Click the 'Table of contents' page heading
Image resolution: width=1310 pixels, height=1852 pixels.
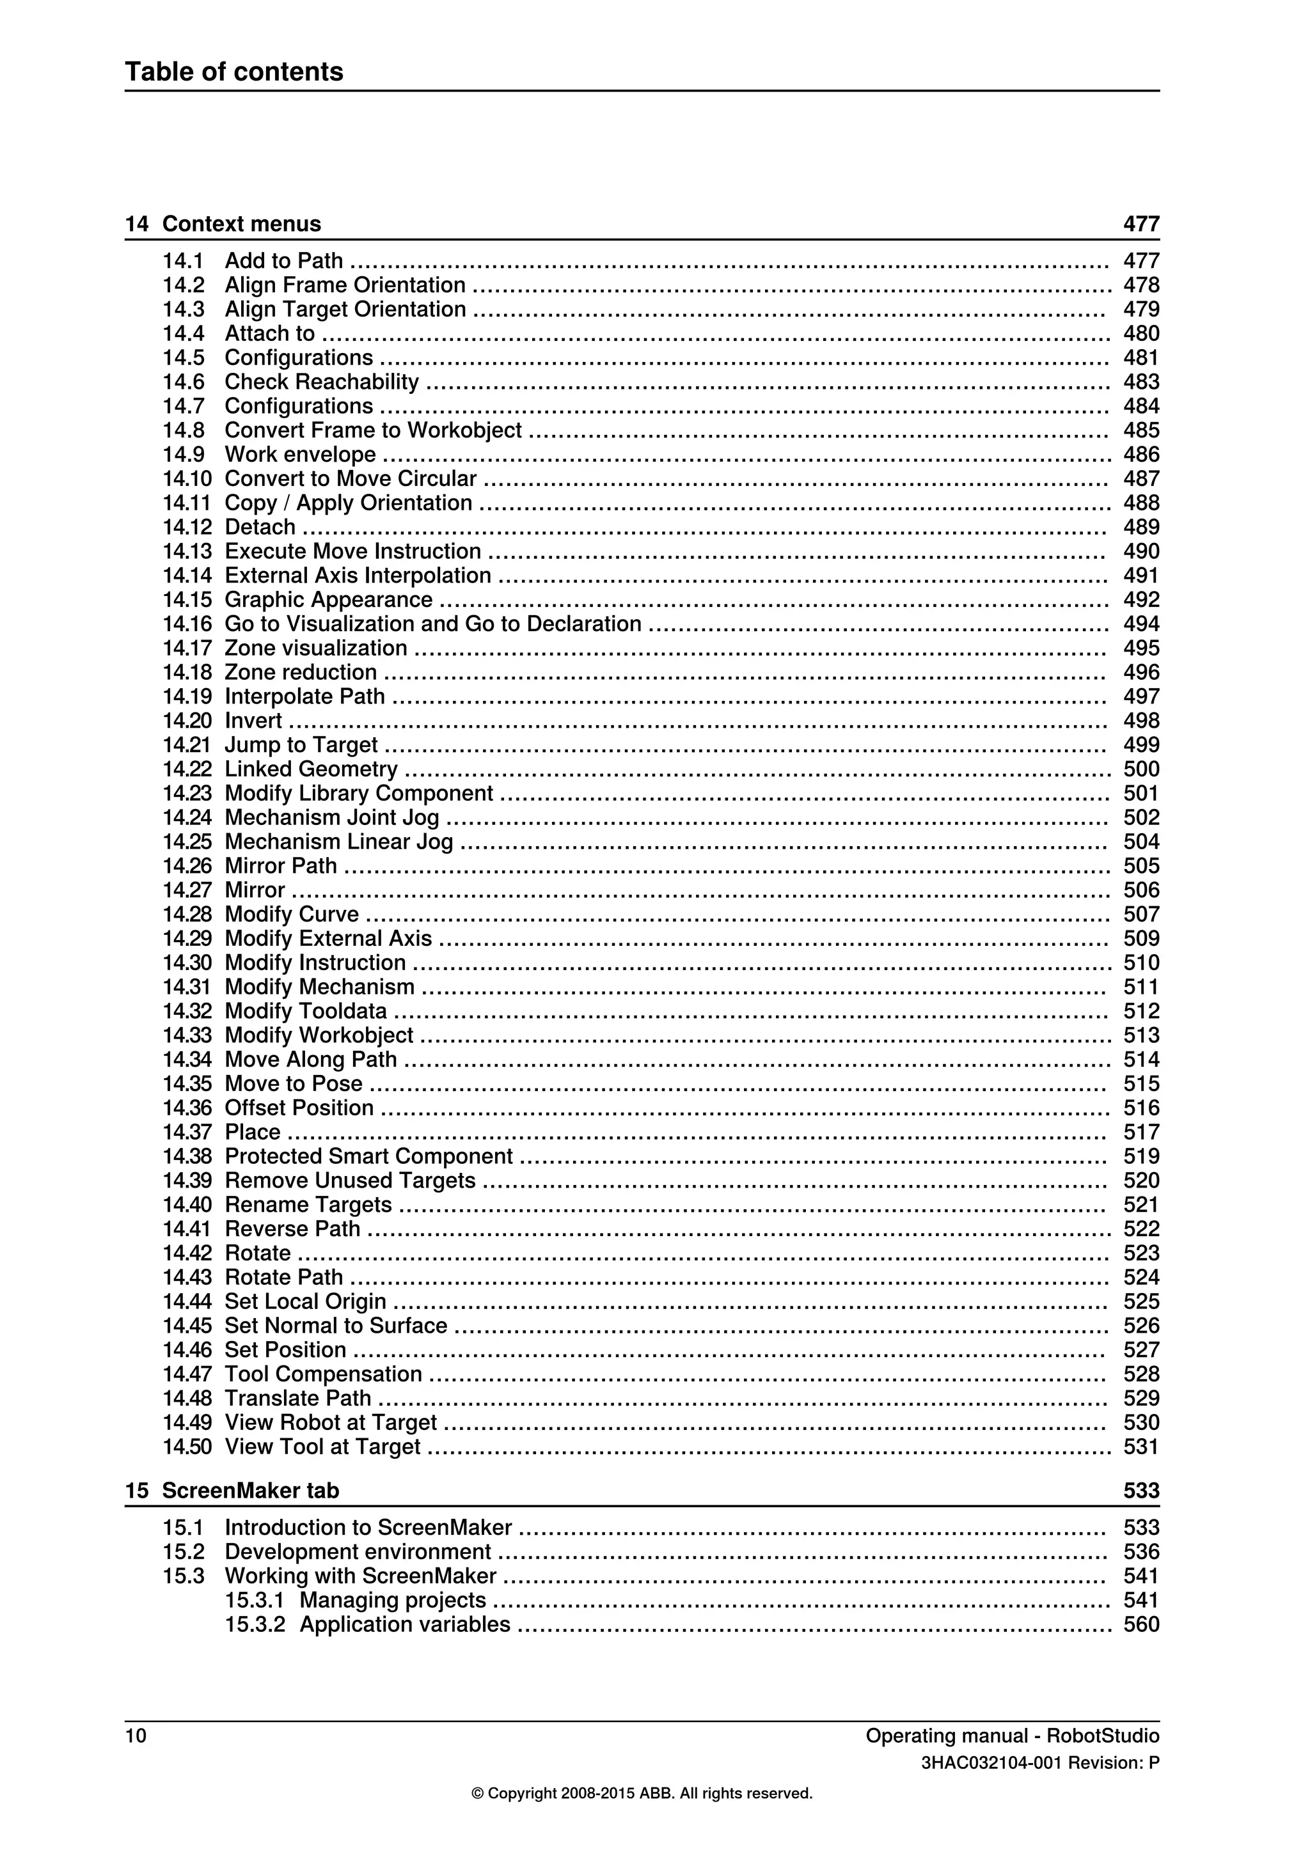click(234, 72)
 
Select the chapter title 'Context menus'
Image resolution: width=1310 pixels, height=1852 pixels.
click(241, 224)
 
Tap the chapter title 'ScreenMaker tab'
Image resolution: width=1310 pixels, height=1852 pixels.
click(250, 1491)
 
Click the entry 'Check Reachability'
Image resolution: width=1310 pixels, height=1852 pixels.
click(321, 382)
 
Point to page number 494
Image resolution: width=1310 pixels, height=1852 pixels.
click(1140, 624)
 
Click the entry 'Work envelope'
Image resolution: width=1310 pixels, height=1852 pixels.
click(300, 454)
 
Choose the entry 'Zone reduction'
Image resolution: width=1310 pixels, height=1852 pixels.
click(300, 672)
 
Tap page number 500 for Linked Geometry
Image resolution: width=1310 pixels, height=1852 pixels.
click(1140, 769)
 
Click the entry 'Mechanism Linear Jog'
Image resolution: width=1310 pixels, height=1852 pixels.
click(339, 842)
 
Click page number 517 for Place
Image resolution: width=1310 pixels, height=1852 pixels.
click(1140, 1132)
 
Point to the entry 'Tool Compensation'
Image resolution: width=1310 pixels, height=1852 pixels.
click(322, 1374)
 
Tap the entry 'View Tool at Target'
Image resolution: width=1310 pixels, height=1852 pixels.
click(322, 1447)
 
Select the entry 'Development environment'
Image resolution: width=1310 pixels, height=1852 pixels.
click(358, 1551)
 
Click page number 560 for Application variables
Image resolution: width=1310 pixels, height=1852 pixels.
click(1140, 1624)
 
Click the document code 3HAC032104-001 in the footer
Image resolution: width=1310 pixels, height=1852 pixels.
click(991, 1763)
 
